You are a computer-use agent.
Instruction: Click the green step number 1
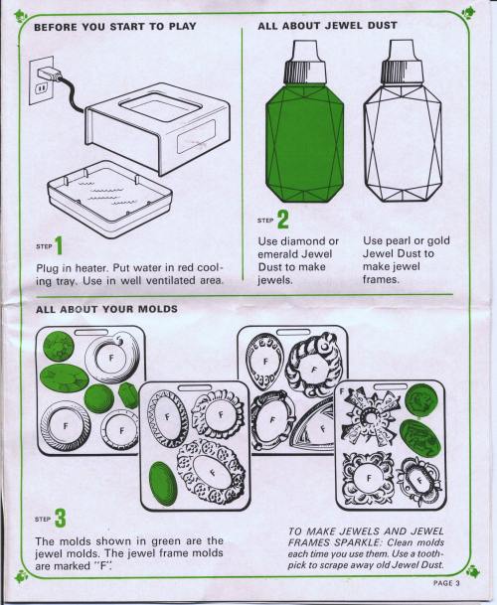[59, 245]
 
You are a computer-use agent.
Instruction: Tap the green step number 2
[283, 220]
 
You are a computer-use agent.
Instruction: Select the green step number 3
[61, 519]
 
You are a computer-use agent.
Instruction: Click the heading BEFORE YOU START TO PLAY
[115, 27]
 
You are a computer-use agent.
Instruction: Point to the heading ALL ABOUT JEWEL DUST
[327, 26]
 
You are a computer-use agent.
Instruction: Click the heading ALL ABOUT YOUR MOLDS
[106, 309]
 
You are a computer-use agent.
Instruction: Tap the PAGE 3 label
[446, 583]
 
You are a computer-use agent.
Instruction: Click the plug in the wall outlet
[49, 74]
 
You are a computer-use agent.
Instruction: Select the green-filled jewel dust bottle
[304, 121]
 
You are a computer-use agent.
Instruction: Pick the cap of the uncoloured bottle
[401, 61]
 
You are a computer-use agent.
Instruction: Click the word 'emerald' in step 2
[278, 254]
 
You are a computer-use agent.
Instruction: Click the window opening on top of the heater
[159, 107]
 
